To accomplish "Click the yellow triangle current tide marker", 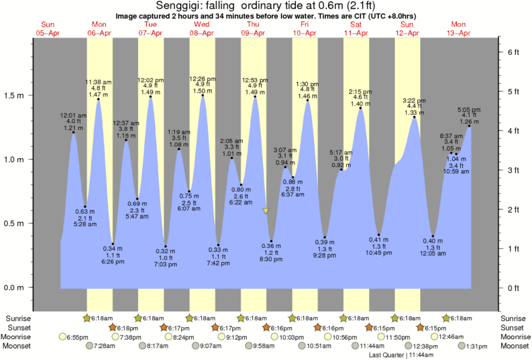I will point(266,211).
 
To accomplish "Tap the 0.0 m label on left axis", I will point(15,288).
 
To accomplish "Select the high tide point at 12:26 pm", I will point(203,95).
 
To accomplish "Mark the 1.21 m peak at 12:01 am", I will point(73,133).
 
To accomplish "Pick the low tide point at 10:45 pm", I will point(379,235).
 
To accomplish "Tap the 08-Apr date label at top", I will point(202,32).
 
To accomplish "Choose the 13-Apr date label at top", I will point(460,32).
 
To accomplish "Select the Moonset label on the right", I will point(514,346).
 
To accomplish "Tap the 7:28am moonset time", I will point(109,346).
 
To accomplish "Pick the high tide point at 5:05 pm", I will point(469,126).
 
